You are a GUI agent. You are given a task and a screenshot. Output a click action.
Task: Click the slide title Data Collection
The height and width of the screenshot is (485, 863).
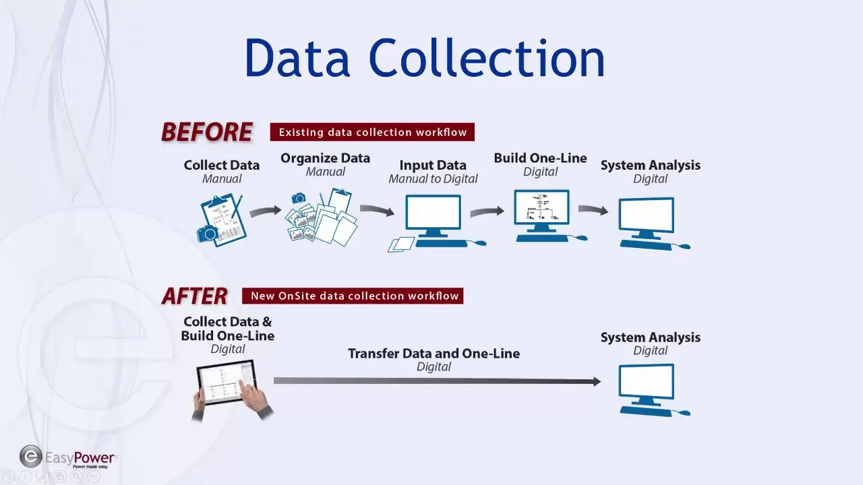click(x=425, y=59)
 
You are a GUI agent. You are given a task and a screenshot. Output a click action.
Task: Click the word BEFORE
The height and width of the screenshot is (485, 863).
click(x=207, y=132)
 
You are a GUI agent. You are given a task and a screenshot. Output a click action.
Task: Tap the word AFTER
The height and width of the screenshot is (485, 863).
click(x=194, y=296)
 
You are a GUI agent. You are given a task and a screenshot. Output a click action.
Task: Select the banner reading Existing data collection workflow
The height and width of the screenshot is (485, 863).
click(x=372, y=132)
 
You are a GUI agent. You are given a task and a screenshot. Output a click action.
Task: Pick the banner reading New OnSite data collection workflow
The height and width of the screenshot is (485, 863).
click(x=353, y=296)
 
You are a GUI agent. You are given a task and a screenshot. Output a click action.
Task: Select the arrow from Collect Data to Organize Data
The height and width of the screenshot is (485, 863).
click(x=265, y=212)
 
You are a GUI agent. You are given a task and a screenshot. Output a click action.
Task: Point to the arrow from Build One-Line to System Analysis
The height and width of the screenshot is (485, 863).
click(x=593, y=209)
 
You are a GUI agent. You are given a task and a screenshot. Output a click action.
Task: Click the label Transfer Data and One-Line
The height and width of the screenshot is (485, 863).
click(x=434, y=354)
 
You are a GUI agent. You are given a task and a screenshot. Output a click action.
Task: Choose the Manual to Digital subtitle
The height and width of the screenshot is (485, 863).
click(x=433, y=179)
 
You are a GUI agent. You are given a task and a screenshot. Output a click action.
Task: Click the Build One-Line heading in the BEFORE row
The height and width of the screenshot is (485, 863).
click(x=540, y=158)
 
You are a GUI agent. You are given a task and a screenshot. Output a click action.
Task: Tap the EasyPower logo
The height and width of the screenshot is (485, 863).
click(x=67, y=458)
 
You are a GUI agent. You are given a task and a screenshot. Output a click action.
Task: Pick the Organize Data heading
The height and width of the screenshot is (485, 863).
click(x=325, y=158)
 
